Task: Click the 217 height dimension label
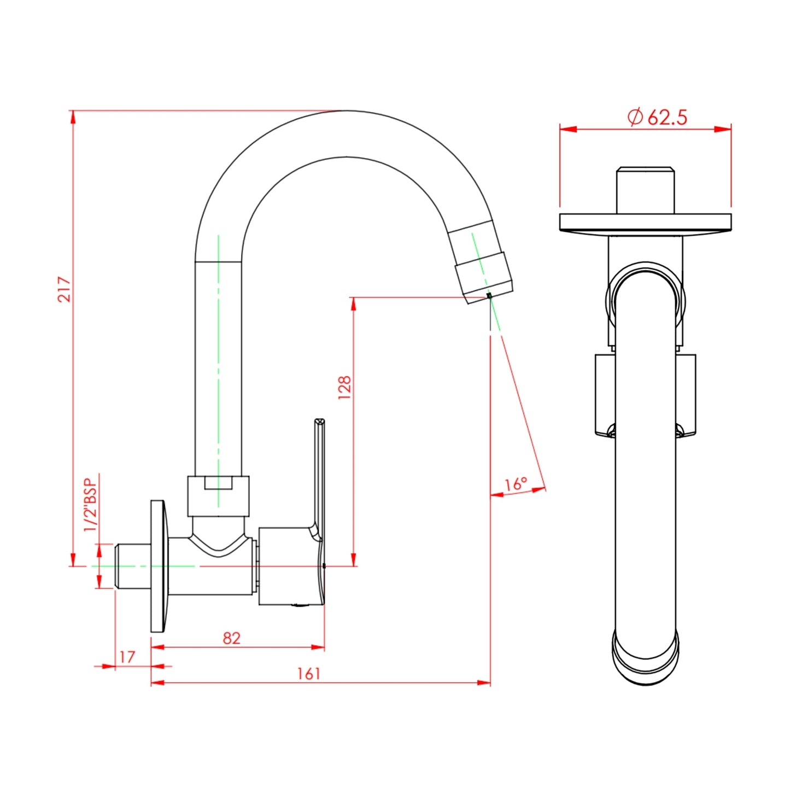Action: pyautogui.click(x=65, y=289)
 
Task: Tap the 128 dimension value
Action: pyautogui.click(x=344, y=387)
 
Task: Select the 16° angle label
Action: pyautogui.click(x=515, y=484)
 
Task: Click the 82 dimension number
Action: pyautogui.click(x=231, y=638)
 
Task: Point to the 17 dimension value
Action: pyautogui.click(x=127, y=657)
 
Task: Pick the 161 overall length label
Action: pyautogui.click(x=308, y=674)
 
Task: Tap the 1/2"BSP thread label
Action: pyautogui.click(x=90, y=504)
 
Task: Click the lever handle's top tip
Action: pyautogui.click(x=320, y=422)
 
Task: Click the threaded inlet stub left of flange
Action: pyautogui.click(x=132, y=566)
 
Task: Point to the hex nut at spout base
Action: pyautogui.click(x=218, y=495)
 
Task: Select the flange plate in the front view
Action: pyautogui.click(x=645, y=222)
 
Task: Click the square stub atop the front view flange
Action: pyautogui.click(x=645, y=190)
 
